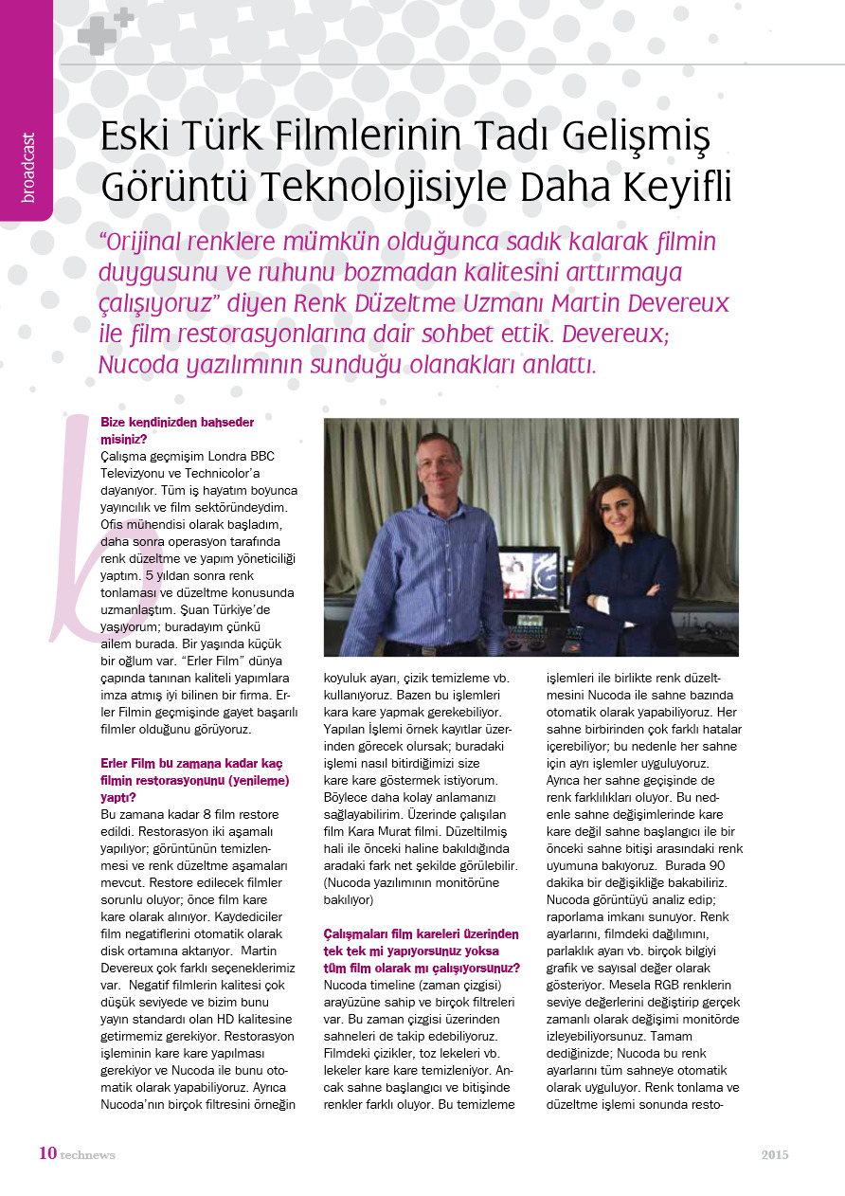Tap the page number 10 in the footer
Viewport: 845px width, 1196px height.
click(47, 1153)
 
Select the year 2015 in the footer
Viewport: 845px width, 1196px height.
click(774, 1154)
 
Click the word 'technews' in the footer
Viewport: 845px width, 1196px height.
click(88, 1155)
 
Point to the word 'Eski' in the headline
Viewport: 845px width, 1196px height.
click(135, 138)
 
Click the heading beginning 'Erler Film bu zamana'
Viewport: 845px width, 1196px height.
click(194, 780)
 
